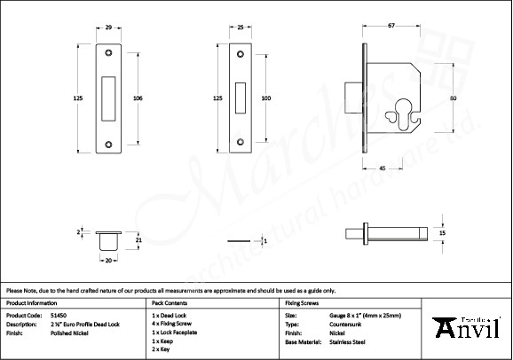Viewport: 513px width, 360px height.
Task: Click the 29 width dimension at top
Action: pyautogui.click(x=108, y=27)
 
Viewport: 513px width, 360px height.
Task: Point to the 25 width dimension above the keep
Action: pyautogui.click(x=241, y=27)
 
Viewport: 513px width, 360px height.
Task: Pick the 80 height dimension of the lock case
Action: pyautogui.click(x=453, y=98)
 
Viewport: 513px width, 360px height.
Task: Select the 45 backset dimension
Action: pyautogui.click(x=381, y=168)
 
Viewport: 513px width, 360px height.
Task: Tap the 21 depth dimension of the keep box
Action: pyautogui.click(x=137, y=239)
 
